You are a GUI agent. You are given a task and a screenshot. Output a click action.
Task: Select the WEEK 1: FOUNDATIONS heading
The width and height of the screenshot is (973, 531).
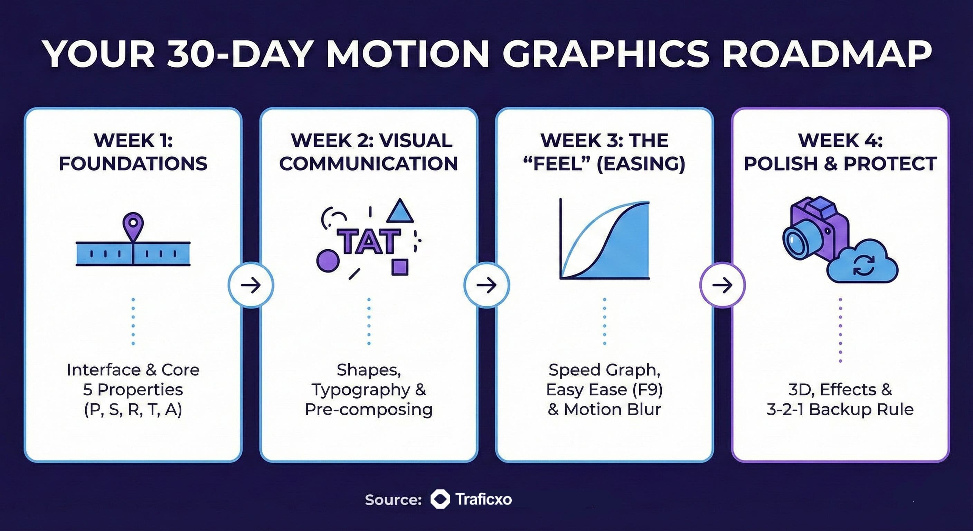point(133,152)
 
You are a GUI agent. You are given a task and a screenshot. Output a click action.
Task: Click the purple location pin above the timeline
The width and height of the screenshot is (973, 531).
point(133,226)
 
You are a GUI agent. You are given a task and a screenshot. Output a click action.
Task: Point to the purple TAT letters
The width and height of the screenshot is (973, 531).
point(368,242)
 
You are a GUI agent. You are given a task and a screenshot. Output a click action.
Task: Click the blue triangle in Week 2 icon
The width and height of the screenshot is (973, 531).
point(400,211)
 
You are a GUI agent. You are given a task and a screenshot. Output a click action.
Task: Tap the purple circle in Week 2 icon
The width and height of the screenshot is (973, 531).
point(328,261)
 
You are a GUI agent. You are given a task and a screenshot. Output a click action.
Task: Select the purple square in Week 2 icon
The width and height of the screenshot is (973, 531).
point(400,267)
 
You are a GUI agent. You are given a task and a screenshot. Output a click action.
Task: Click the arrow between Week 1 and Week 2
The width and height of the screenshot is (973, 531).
point(251,285)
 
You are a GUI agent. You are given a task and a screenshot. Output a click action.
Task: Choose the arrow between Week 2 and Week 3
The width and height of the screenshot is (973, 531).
point(486,285)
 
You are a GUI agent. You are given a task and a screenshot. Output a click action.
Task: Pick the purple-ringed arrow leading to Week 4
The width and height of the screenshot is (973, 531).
point(722,285)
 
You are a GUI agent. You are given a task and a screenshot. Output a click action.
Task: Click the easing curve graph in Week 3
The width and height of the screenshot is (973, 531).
point(604,239)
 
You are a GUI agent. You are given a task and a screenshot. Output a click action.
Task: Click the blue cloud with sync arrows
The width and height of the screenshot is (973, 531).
point(862,262)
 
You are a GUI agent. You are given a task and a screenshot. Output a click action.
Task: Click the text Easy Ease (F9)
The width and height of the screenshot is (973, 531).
point(604,390)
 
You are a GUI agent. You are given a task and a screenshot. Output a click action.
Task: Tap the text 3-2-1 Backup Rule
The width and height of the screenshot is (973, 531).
point(840,409)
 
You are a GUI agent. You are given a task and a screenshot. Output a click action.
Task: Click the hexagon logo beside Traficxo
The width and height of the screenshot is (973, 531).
point(440,499)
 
